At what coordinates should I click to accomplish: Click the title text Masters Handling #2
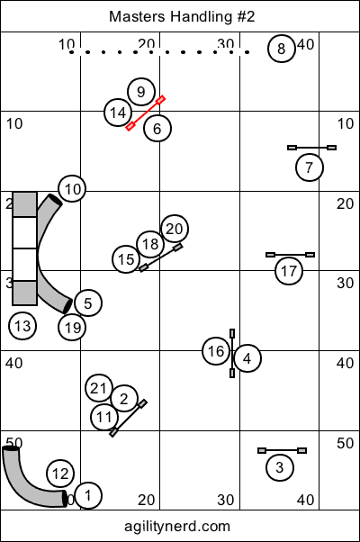pyautogui.click(x=182, y=16)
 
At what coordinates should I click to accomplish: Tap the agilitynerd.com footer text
pyautogui.click(x=177, y=526)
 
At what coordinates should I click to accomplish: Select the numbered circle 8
pyautogui.click(x=282, y=49)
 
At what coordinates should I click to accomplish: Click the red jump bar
pyautogui.click(x=146, y=113)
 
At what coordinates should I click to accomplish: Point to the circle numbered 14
pyautogui.click(x=118, y=113)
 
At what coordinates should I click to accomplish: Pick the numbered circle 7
pyautogui.click(x=310, y=167)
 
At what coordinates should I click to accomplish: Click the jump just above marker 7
pyautogui.click(x=312, y=148)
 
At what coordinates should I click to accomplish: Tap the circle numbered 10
pyautogui.click(x=72, y=189)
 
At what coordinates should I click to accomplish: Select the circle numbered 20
pyautogui.click(x=175, y=229)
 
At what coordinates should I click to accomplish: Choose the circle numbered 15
pyautogui.click(x=126, y=259)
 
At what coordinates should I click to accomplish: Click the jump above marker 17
pyautogui.click(x=290, y=255)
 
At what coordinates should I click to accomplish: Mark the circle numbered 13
pyautogui.click(x=22, y=326)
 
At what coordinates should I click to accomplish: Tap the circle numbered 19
pyautogui.click(x=72, y=328)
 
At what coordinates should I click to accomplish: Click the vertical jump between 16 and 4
pyautogui.click(x=232, y=353)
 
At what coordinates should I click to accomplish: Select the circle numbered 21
pyautogui.click(x=99, y=388)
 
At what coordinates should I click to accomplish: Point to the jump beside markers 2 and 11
pyautogui.click(x=128, y=419)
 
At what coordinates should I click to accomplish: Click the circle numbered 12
pyautogui.click(x=60, y=474)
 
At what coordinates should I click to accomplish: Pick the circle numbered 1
pyautogui.click(x=88, y=495)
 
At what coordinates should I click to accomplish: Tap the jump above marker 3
pyautogui.click(x=283, y=451)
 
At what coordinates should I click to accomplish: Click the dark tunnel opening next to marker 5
pyautogui.click(x=67, y=306)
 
